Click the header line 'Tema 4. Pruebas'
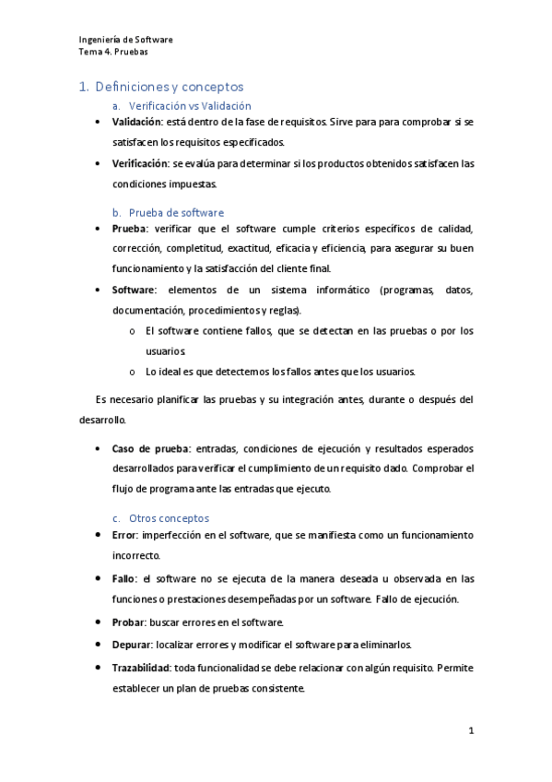point(113,52)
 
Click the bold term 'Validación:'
point(137,122)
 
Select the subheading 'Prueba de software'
point(176,212)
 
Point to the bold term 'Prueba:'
point(129,228)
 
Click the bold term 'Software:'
point(135,290)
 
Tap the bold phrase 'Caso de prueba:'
point(151,449)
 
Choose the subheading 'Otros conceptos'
point(169,518)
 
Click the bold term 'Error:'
point(126,535)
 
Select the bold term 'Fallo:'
point(125,579)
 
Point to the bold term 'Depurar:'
point(133,644)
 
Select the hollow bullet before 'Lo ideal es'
point(133,373)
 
